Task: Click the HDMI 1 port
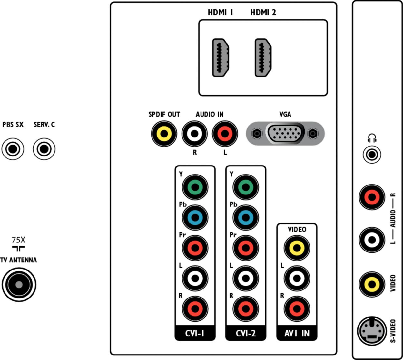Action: (221, 58)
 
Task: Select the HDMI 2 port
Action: (263, 58)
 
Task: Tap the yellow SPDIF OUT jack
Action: (164, 133)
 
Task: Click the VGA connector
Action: (285, 133)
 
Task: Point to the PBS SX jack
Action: (13, 149)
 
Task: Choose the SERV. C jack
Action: (44, 149)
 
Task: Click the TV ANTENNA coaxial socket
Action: (19, 285)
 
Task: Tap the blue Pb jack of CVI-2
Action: (246, 217)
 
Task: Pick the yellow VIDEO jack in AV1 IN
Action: (297, 248)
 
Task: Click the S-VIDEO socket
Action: (372, 331)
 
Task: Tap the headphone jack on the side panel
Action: (372, 155)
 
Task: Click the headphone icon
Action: (372, 138)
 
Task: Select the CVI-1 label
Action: (195, 334)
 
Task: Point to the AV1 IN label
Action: (297, 334)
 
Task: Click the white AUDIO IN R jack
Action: (194, 133)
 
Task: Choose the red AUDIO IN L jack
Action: (225, 133)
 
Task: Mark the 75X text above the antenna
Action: (18, 240)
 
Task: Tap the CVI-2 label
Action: (246, 334)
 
